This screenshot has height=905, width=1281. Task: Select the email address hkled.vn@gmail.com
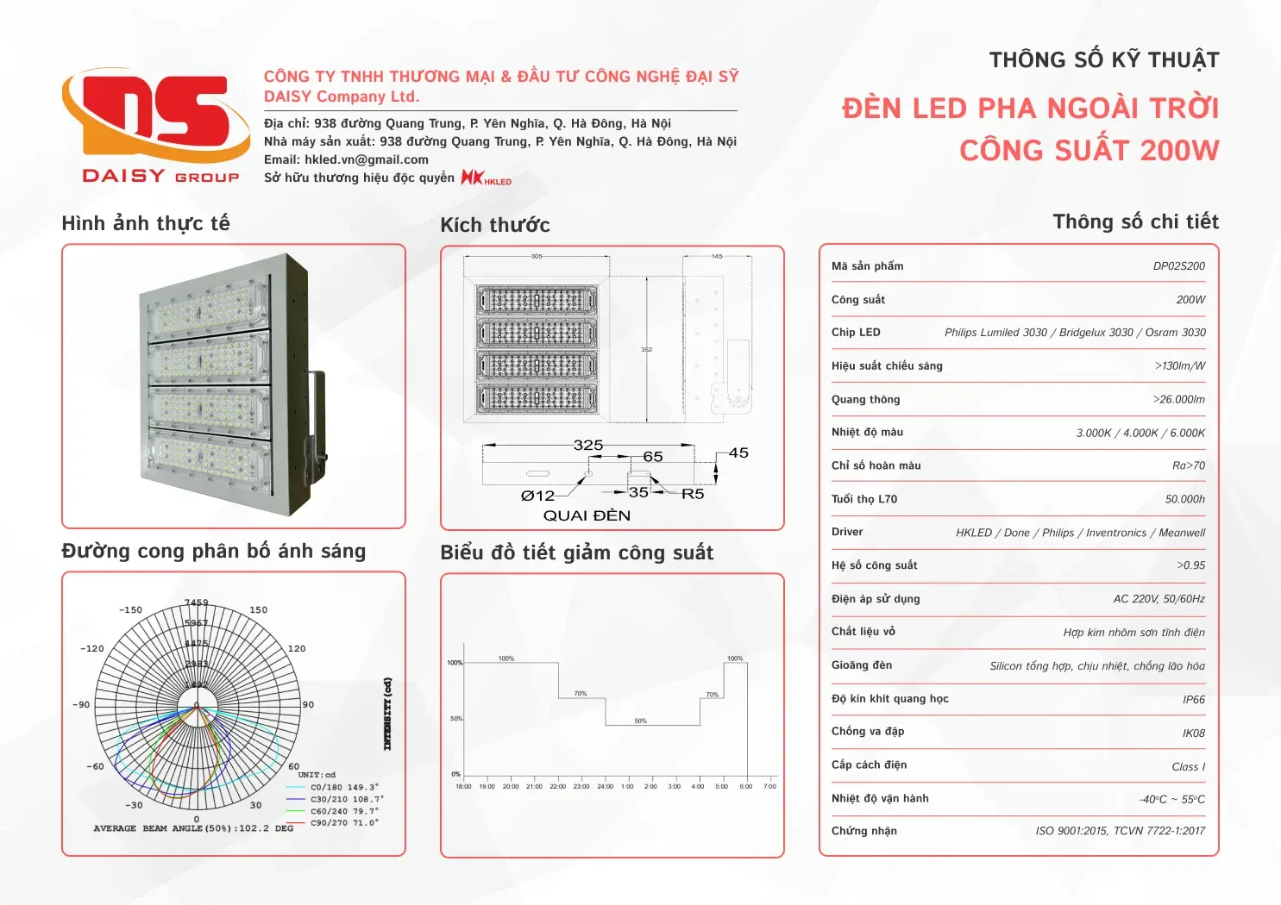(x=366, y=159)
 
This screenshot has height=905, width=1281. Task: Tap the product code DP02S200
(x=1178, y=266)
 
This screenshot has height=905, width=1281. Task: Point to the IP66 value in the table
(x=1193, y=700)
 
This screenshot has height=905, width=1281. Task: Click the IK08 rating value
(x=1193, y=733)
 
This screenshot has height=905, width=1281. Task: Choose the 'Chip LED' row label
(x=856, y=333)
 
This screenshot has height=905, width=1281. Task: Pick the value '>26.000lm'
(x=1178, y=400)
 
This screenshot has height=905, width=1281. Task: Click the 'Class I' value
(x=1188, y=767)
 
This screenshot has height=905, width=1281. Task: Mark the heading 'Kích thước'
(x=494, y=226)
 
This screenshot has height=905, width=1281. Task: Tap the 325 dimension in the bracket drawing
(x=587, y=446)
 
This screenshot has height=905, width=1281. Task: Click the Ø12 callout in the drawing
(x=537, y=496)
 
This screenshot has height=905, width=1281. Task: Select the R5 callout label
(x=693, y=495)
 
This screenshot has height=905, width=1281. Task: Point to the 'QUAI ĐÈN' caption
(x=587, y=515)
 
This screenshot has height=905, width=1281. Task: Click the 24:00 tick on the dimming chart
(x=605, y=786)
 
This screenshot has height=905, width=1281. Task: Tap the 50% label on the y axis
(x=455, y=719)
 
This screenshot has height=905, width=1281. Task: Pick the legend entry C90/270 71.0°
(x=344, y=823)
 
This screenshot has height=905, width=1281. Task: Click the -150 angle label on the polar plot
(x=130, y=610)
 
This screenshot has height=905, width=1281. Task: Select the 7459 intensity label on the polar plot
(x=196, y=602)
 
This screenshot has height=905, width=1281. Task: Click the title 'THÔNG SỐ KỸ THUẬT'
(x=1103, y=60)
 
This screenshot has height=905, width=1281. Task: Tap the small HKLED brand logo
(x=486, y=178)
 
